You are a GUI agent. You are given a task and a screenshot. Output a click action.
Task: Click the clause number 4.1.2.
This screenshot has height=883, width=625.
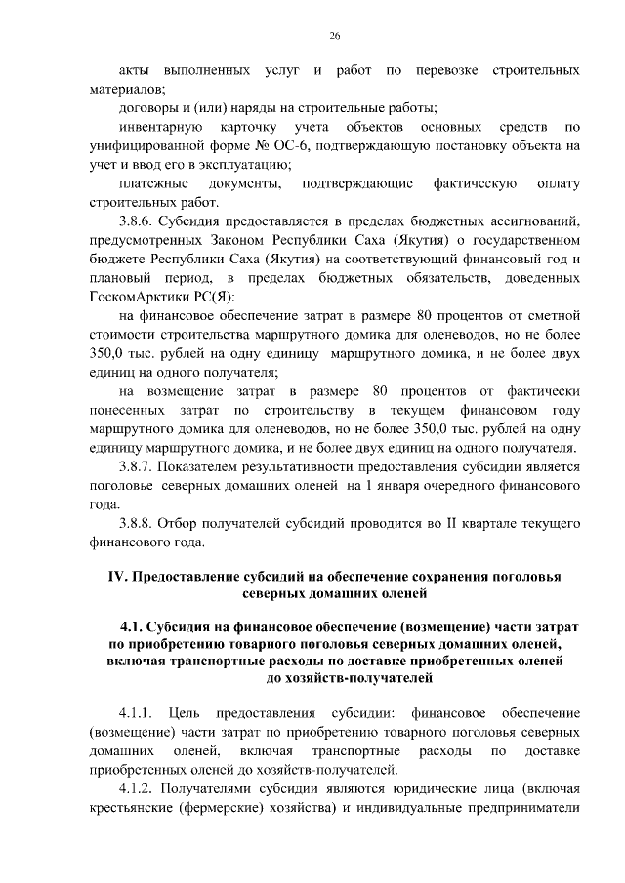pyautogui.click(x=137, y=787)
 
